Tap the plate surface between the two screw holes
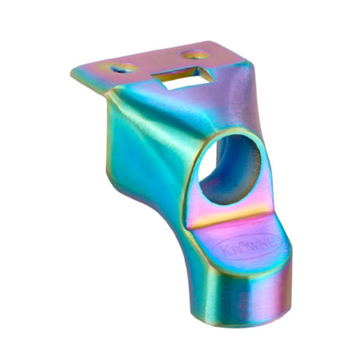(x=157, y=62)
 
